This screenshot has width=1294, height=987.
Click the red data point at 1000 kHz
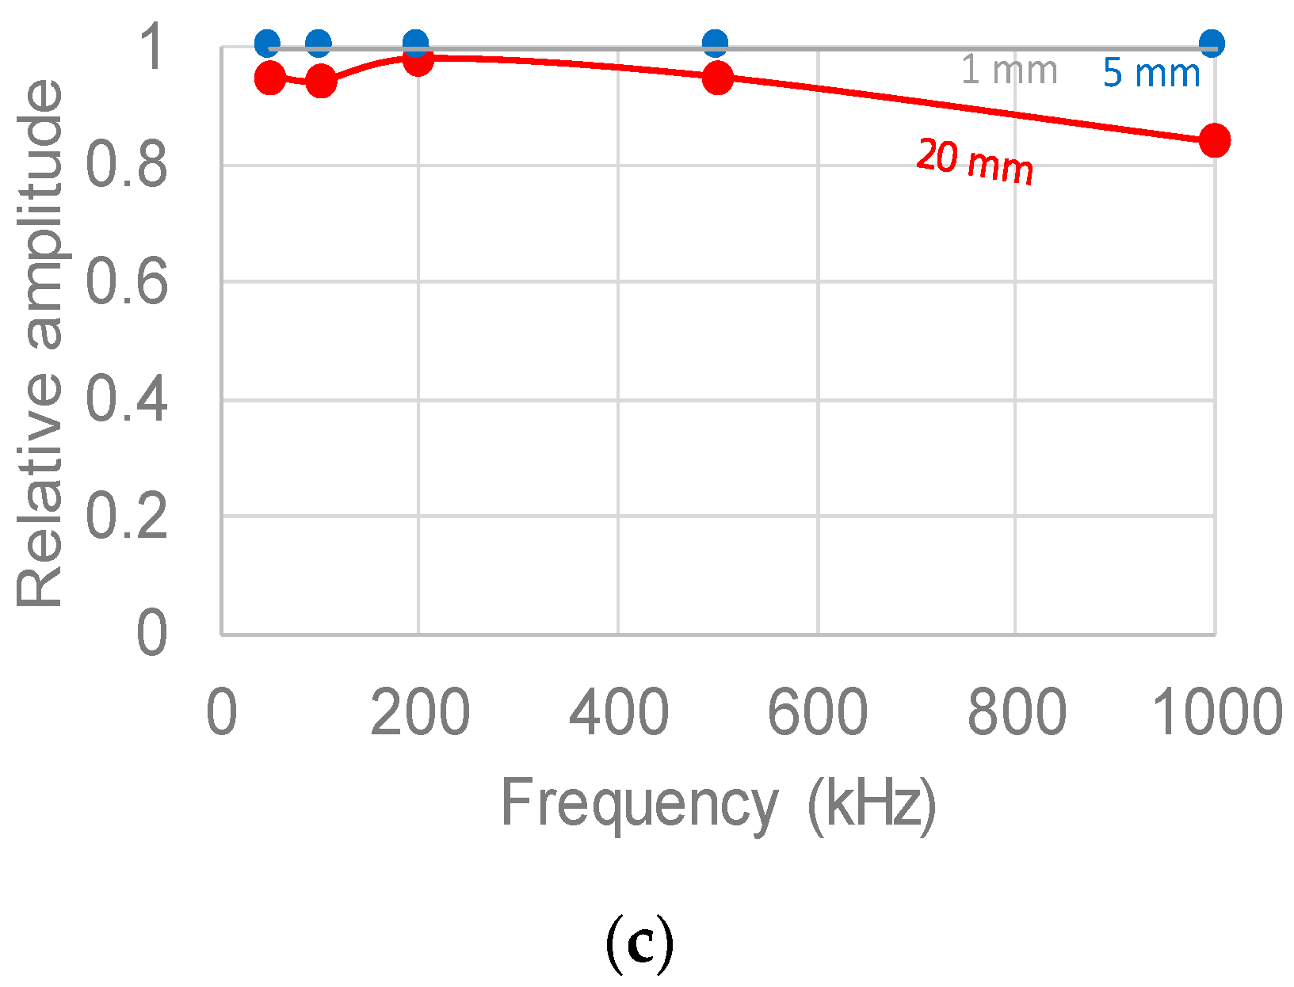1214,140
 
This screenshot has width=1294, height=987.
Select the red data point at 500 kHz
717,78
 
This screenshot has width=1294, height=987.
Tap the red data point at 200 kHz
418,59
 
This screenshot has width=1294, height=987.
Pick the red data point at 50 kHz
270,78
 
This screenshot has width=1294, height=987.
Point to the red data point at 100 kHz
320,81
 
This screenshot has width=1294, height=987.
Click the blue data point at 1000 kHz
1211,43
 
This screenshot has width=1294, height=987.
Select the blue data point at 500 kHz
715,43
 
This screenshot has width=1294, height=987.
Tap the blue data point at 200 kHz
415,43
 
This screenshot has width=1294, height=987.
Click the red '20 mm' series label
975,162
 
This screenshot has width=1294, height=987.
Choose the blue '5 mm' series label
1151,74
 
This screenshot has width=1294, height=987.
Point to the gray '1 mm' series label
1009,70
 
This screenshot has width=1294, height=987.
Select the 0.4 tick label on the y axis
127,399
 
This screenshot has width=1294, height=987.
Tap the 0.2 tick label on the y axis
127,516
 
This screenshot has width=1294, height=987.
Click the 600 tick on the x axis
817,712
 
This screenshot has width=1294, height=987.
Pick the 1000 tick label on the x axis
1216,712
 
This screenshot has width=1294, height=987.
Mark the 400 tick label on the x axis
618,712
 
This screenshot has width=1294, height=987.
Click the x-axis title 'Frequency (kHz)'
718,804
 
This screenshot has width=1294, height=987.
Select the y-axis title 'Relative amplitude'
40,342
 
